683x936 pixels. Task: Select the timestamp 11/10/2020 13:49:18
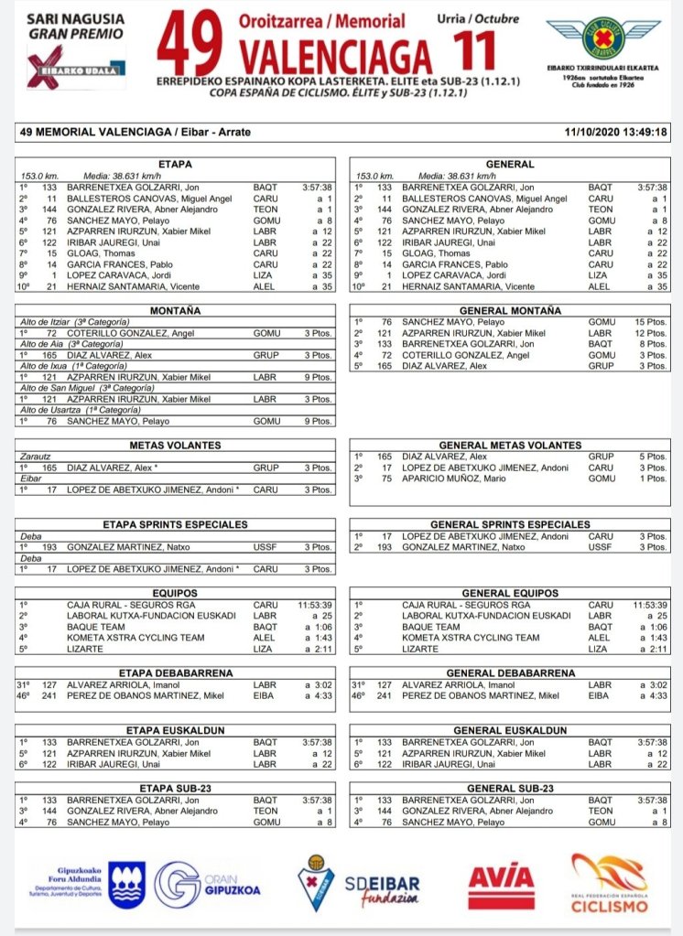[x=616, y=132]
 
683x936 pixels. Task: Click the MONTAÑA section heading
[x=176, y=312]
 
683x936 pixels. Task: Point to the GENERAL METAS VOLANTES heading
[x=511, y=445]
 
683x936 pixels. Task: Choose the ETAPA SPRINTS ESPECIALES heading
[x=176, y=524]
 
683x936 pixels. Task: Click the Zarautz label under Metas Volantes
[x=38, y=456]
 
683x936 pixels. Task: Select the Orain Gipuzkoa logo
[x=207, y=886]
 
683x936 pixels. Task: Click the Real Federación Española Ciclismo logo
[x=609, y=883]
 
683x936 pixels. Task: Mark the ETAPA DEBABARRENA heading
[x=176, y=672]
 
